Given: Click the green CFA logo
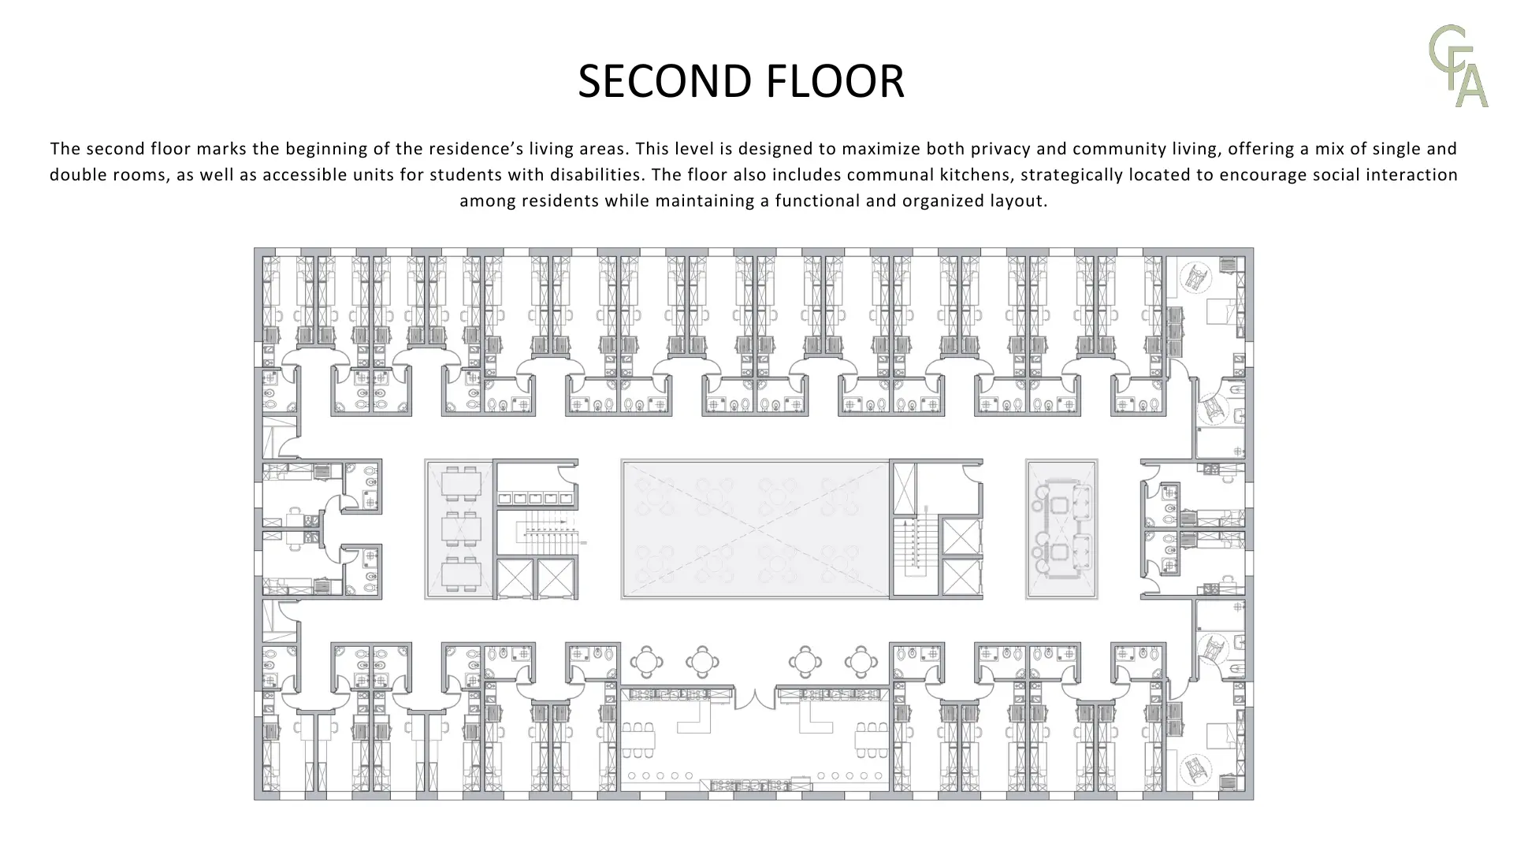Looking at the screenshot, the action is [1459, 66].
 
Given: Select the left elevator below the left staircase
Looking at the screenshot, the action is [515, 579].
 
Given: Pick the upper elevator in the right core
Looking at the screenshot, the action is [961, 537].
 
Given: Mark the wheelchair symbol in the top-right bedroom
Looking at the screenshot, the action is [1196, 277].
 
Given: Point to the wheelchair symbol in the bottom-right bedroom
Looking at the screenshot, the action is [1196, 769].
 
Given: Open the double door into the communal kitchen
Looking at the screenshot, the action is [755, 698].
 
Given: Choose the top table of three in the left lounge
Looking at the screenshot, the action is [462, 483].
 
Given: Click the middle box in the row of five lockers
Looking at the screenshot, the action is [536, 498].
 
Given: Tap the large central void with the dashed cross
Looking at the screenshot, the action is [756, 529].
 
